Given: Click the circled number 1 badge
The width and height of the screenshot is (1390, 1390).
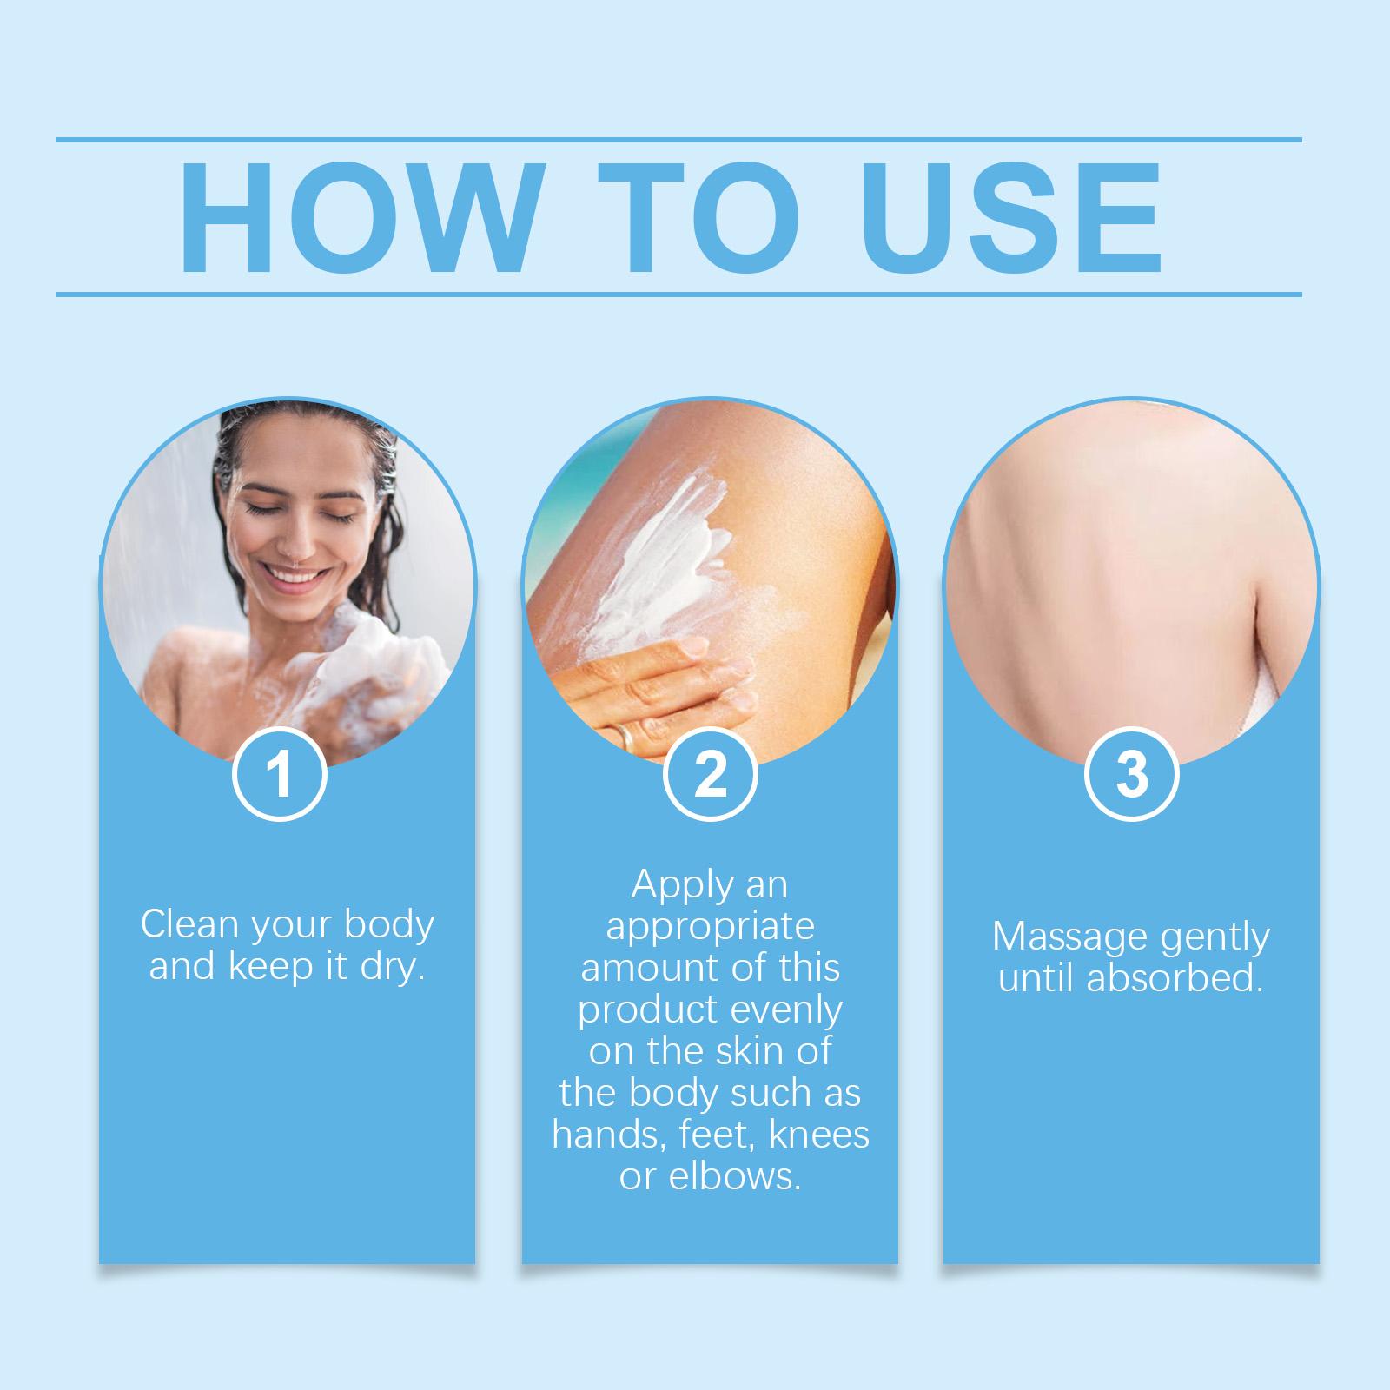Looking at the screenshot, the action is (x=280, y=774).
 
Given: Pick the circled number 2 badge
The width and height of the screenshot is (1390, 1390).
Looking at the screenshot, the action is (x=711, y=774).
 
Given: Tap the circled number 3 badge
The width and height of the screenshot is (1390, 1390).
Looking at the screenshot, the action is (x=1132, y=774).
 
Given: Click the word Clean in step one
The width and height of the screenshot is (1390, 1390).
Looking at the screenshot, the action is (x=189, y=924).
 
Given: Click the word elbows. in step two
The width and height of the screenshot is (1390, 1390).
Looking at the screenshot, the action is (x=710, y=1176).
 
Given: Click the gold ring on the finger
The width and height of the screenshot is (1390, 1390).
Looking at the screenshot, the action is (x=625, y=735).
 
